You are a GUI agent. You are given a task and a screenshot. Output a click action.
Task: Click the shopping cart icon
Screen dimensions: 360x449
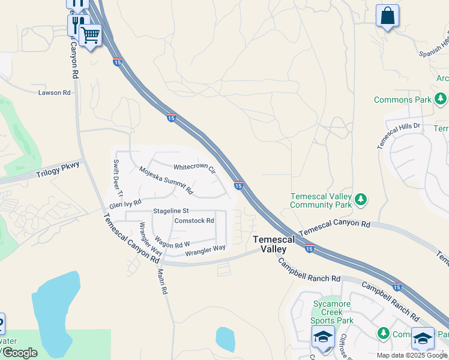point(91,35)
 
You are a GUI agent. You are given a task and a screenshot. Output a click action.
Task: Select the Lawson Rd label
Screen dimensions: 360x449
point(55,92)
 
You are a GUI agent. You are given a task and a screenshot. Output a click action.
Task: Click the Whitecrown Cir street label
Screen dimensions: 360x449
point(194,167)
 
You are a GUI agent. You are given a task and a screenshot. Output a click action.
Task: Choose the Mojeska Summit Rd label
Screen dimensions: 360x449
point(166,180)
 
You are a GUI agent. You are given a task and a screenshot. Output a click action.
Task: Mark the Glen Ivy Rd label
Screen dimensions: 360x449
point(125,205)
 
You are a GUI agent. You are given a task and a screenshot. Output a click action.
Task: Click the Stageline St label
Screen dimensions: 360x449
point(171,211)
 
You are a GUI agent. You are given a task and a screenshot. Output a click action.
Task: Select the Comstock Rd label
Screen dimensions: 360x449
point(194,221)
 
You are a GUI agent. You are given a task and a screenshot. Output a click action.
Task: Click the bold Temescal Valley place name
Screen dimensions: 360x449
point(274,244)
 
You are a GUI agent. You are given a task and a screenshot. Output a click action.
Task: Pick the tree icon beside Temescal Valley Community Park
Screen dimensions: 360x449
point(360,199)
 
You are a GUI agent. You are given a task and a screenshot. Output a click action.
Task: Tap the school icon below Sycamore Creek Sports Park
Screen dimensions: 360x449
point(323,338)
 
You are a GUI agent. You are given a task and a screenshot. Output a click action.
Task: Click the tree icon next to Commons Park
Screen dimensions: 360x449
point(441,98)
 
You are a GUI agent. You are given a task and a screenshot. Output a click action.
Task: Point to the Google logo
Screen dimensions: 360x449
point(20,353)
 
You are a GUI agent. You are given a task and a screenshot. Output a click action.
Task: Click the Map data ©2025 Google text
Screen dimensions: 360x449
point(411,355)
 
